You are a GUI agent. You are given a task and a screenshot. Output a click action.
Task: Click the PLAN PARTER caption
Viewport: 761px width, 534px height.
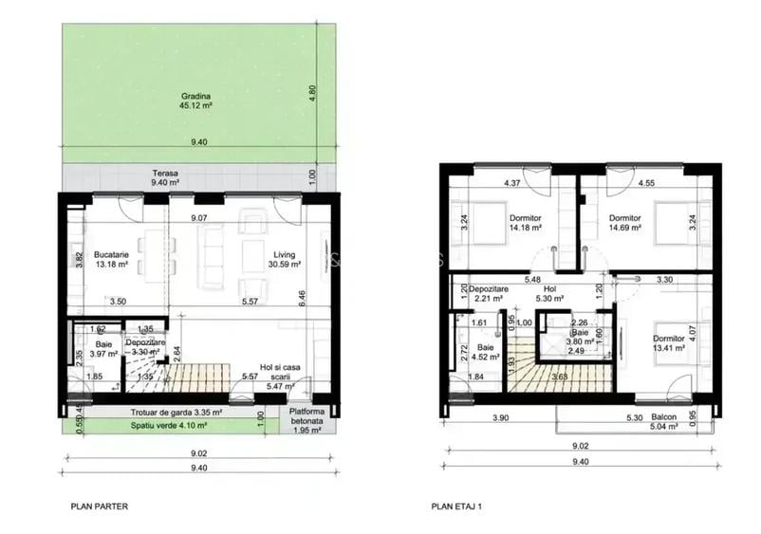coord(99,506)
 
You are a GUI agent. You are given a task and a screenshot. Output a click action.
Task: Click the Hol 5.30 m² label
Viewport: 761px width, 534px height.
coord(548,293)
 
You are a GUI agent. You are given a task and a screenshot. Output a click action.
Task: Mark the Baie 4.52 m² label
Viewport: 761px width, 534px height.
coord(487,353)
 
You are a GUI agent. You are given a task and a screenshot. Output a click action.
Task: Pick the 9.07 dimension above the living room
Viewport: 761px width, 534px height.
coord(199,219)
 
